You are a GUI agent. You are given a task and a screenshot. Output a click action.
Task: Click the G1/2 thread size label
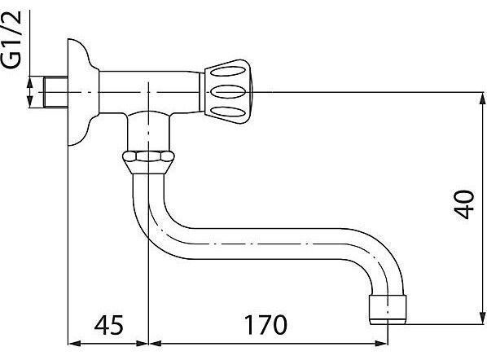tap(11, 40)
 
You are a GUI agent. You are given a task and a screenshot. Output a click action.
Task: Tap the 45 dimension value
tap(109, 325)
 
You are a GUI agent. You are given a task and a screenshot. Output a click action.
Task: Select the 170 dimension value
tap(265, 325)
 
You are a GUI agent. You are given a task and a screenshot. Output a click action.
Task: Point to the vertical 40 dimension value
tap(464, 204)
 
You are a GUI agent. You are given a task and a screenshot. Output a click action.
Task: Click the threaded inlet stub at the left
tap(55, 92)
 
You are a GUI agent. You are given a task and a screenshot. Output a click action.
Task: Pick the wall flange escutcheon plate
tap(82, 92)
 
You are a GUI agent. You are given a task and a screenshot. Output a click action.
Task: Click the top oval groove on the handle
tap(228, 71)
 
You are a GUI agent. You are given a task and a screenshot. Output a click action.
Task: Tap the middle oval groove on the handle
tap(228, 92)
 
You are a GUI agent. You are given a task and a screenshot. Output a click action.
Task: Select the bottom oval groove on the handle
tap(228, 112)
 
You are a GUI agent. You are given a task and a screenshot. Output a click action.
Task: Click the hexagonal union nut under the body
tap(148, 162)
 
